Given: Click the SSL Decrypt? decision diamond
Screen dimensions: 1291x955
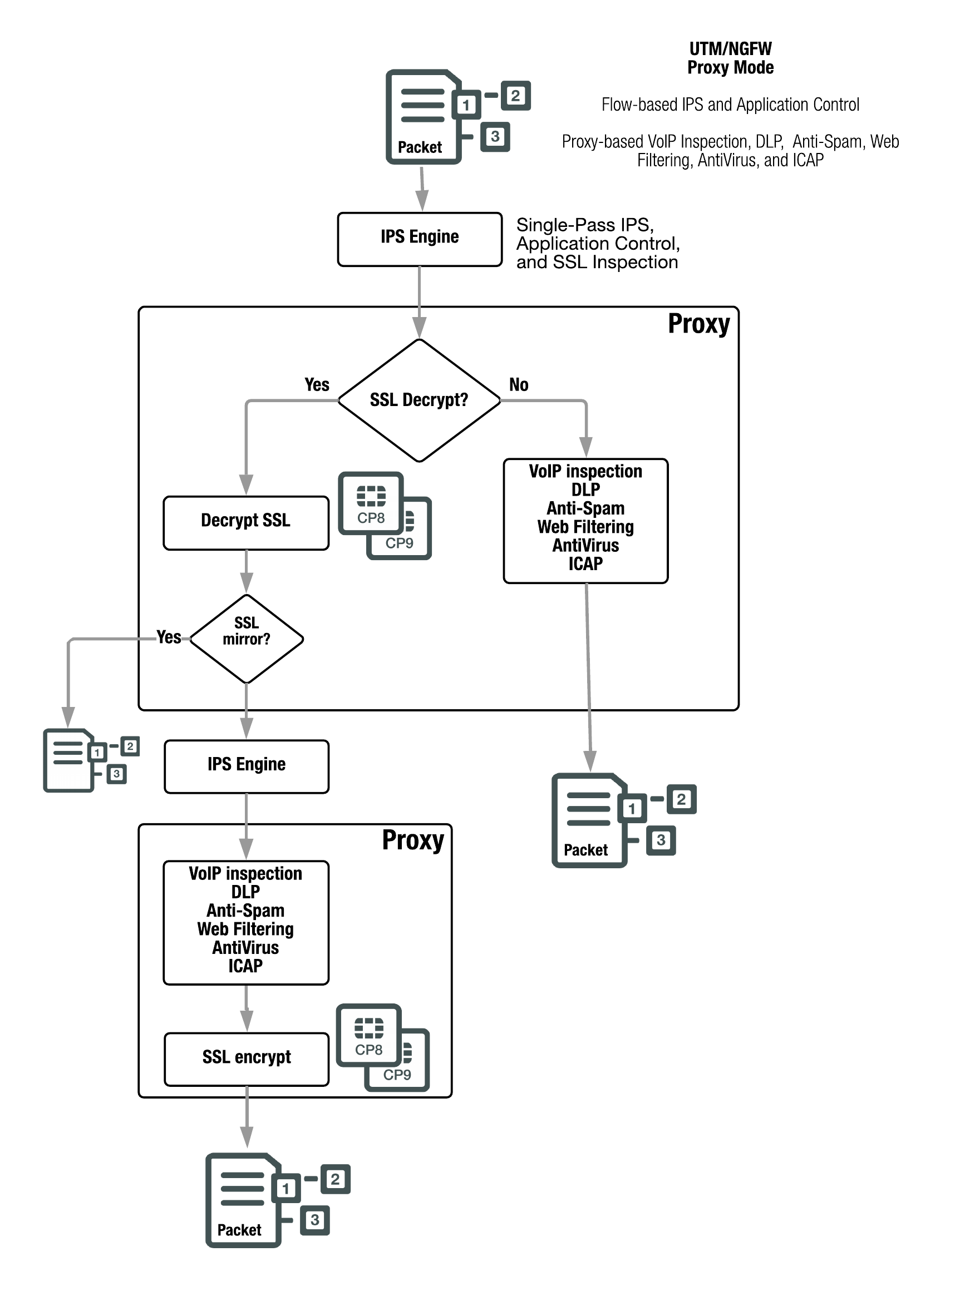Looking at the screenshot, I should coord(419,400).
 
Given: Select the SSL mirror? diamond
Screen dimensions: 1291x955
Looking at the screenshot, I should coord(247,639).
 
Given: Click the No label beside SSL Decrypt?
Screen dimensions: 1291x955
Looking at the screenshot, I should coord(519,385).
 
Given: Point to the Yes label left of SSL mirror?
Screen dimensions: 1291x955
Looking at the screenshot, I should coord(169,637).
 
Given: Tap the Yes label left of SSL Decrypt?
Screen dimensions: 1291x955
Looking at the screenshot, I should coord(317,385).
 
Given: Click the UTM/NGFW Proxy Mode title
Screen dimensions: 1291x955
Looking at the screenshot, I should coord(730,58).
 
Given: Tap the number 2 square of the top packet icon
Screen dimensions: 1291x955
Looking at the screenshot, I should coord(515,96).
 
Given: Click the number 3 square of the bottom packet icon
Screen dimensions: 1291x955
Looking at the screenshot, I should coord(314,1219).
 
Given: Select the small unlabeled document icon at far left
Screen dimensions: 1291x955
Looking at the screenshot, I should coord(69,760).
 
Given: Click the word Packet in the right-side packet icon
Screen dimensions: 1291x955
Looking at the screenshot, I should coord(585,850).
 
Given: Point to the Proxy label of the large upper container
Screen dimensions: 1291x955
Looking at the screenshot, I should coord(698,324).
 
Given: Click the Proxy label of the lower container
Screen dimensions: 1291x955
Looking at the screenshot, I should coord(413,840).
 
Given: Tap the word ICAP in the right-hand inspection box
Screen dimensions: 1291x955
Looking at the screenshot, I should coord(585,564).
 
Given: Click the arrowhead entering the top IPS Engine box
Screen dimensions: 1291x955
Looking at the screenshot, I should coord(422,202).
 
